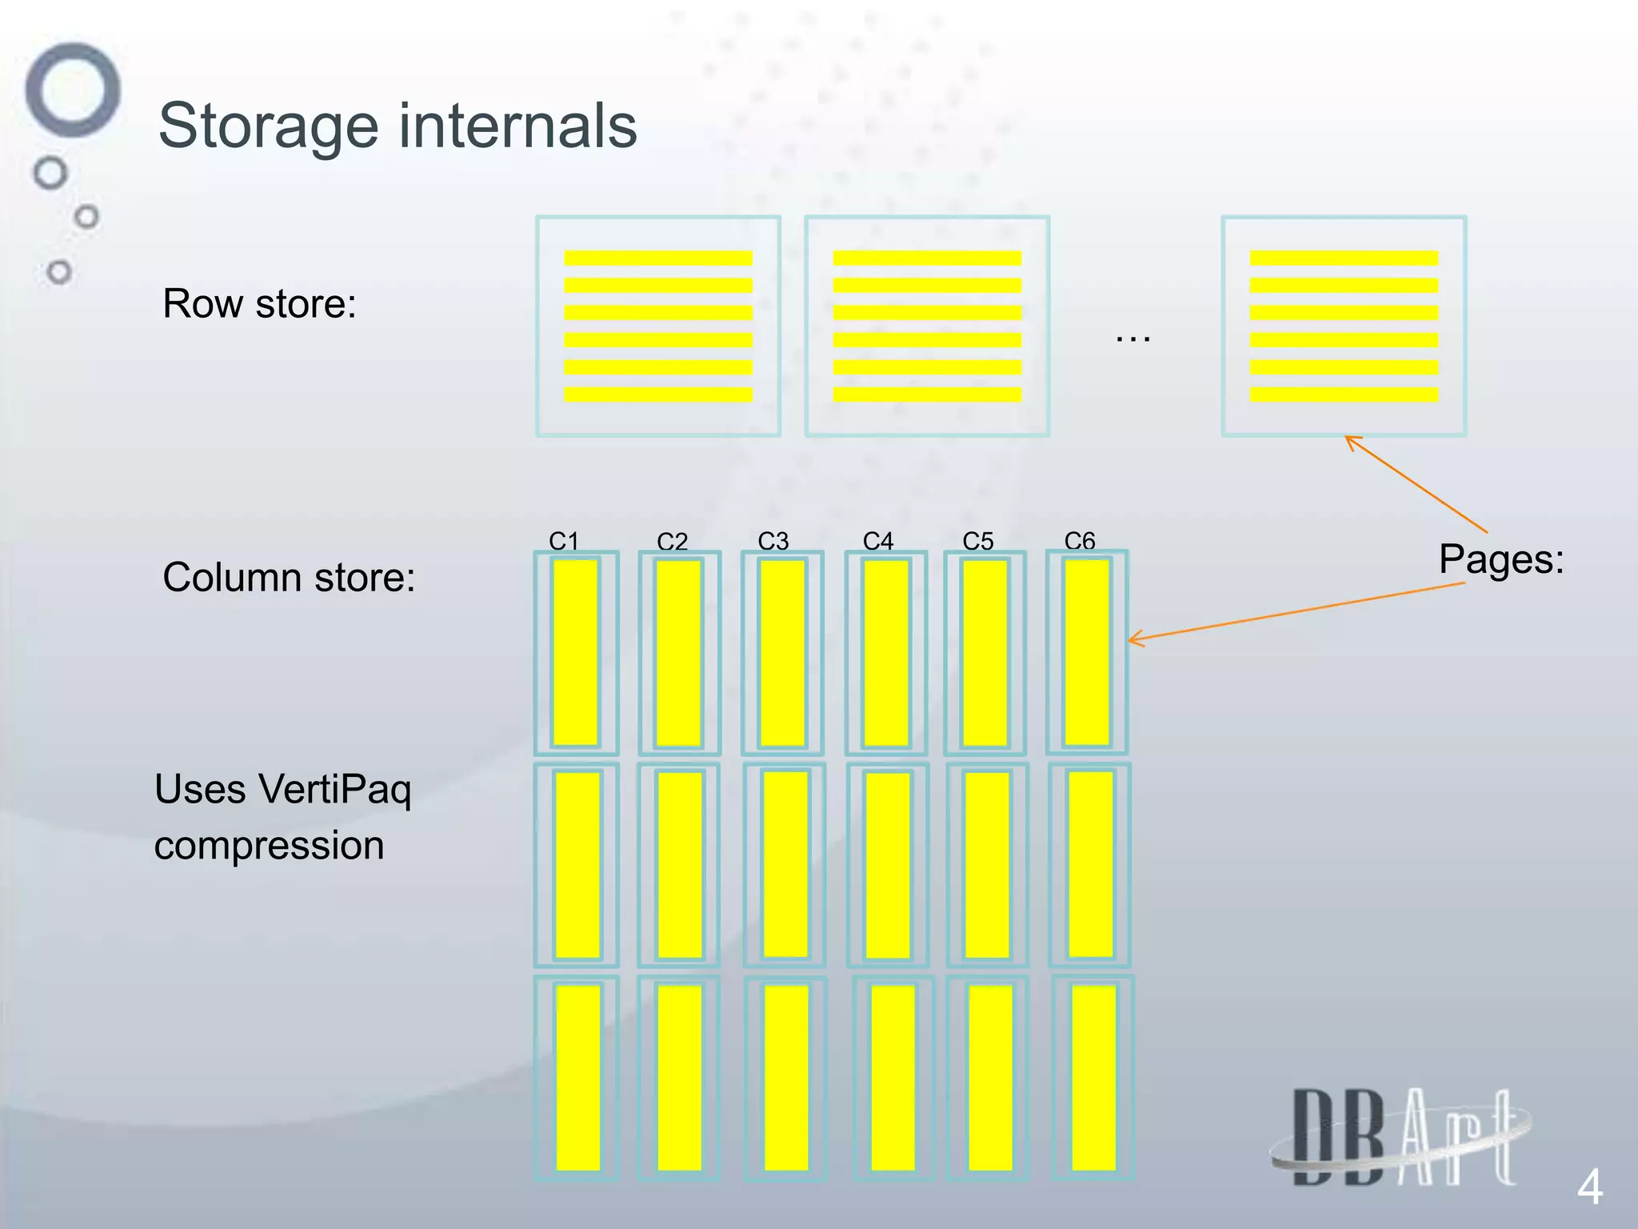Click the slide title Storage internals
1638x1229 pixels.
point(398,126)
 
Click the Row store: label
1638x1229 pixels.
point(259,304)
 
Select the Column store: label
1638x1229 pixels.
point(289,577)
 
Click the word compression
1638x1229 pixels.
point(269,846)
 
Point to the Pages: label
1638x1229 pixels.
point(1500,558)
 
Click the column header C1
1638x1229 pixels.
point(563,541)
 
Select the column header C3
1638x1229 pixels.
point(773,541)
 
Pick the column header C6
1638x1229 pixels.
point(1079,541)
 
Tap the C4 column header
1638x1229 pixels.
point(877,541)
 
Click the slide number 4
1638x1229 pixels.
point(1588,1187)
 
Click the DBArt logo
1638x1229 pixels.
point(1400,1136)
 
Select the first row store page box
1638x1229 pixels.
point(657,326)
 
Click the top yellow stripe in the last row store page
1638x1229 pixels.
point(1344,258)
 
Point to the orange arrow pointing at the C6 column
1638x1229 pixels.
point(1296,611)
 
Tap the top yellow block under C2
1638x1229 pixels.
point(678,652)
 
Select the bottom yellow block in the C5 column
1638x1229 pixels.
point(990,1077)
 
